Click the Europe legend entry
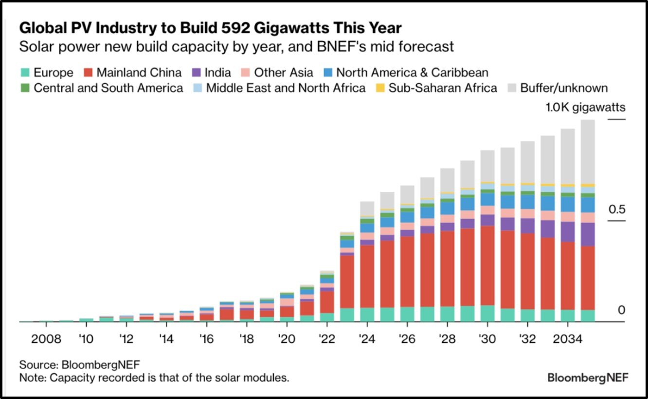pyautogui.click(x=47, y=73)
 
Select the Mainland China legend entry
pyautogui.click(x=132, y=73)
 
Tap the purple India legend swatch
pyautogui.click(x=196, y=73)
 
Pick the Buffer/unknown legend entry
pyautogui.click(x=558, y=88)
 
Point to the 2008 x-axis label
pyautogui.click(x=46, y=339)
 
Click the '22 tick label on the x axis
pyautogui.click(x=327, y=339)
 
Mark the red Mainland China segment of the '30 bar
pyautogui.click(x=487, y=266)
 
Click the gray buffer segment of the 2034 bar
pyautogui.click(x=567, y=156)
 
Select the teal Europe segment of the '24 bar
pyautogui.click(x=367, y=314)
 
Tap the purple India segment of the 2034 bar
pyautogui.click(x=567, y=232)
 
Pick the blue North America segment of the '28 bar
pyautogui.click(x=447, y=208)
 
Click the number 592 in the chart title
pyautogui.click(x=277, y=28)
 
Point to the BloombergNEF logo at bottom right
pyautogui.click(x=588, y=378)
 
